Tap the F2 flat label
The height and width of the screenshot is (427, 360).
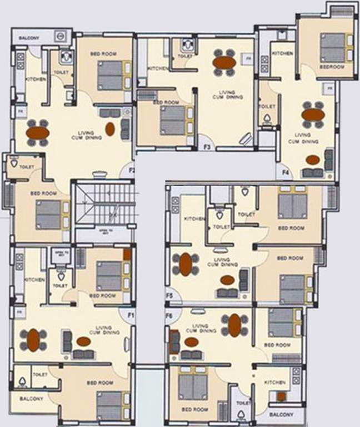(132, 171)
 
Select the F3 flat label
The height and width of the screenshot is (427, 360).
(207, 147)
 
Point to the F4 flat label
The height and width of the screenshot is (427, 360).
(286, 173)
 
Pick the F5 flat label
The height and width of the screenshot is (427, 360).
(169, 296)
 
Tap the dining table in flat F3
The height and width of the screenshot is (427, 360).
(224, 62)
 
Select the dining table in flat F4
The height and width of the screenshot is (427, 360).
(313, 115)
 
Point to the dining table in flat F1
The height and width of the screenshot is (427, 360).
(33, 340)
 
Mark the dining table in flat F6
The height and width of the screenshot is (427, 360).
(235, 325)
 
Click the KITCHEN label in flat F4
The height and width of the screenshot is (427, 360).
(282, 53)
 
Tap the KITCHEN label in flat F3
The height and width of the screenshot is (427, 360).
(158, 68)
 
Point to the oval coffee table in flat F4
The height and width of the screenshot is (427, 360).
(313, 160)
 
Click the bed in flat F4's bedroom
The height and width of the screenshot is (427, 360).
(332, 47)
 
